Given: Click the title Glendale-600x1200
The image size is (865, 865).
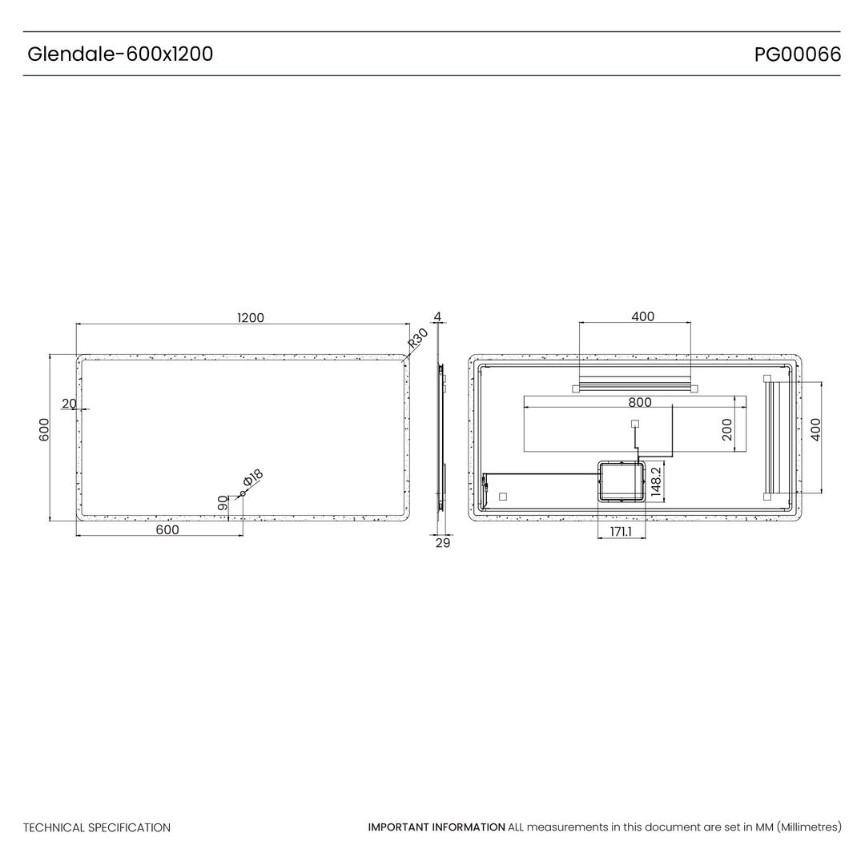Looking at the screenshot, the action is click(x=120, y=54).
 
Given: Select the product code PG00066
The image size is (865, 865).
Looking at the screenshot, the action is click(x=798, y=54).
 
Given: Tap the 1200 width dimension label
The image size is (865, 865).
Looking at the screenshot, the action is click(x=251, y=318).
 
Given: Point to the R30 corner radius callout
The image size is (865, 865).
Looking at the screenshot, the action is click(x=417, y=338).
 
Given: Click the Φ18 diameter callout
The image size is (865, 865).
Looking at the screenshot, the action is click(x=253, y=477).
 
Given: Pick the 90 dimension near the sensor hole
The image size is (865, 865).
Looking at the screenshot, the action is click(x=223, y=502).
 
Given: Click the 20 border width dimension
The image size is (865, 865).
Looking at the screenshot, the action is click(x=69, y=404).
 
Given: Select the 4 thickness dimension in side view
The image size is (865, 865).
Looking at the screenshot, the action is click(x=437, y=316).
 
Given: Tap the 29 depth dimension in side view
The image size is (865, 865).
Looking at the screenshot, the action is click(x=443, y=543).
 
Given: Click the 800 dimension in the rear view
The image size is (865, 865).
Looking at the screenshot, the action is click(x=640, y=403).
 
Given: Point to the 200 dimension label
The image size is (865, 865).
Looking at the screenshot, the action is click(x=727, y=430).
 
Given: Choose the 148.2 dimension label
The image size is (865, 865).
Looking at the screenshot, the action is click(x=656, y=482).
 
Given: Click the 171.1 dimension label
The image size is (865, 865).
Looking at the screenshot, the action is click(x=621, y=532).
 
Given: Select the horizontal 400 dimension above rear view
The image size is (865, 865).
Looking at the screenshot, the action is click(x=642, y=316).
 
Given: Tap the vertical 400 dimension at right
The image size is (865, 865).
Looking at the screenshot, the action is click(x=816, y=430).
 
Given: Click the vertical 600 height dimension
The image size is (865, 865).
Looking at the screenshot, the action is click(x=44, y=430).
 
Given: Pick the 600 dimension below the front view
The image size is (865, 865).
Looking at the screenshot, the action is click(x=167, y=529).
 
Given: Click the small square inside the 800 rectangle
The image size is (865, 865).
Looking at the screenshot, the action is click(x=635, y=424).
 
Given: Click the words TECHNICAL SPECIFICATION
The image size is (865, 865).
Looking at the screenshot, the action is click(x=97, y=827).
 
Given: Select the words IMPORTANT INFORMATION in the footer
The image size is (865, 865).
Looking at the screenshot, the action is click(x=437, y=827).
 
